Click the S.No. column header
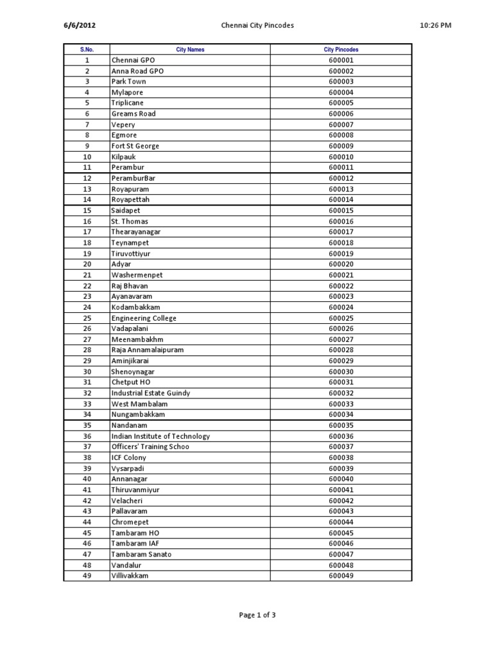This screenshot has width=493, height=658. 87,49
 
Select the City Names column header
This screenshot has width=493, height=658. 190,49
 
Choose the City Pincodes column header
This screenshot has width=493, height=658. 341,49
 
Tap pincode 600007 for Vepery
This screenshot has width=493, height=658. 341,125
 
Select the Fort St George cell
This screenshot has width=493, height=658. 135,146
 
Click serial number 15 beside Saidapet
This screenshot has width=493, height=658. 87,210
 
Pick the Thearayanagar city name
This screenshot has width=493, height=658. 135,232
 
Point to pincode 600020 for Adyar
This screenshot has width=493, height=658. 341,264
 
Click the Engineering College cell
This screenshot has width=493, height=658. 144,318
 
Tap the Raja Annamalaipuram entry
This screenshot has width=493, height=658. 148,350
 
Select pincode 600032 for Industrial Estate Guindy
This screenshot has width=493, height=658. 341,393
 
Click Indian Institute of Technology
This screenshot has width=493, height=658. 160,436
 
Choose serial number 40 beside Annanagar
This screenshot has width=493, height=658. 87,479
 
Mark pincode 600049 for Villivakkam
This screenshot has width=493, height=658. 341,576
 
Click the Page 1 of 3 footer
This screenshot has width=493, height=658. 257,615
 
